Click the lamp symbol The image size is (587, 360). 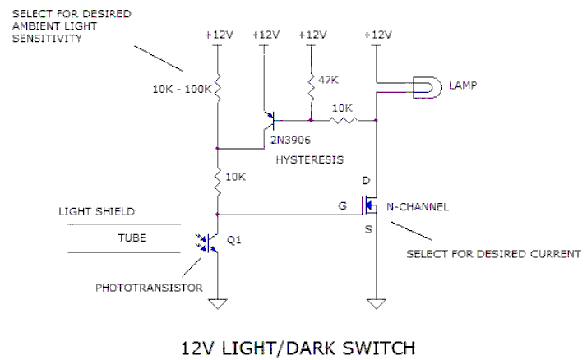428,87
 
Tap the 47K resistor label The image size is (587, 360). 328,80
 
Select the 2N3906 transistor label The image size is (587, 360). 290,140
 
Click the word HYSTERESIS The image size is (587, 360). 310,159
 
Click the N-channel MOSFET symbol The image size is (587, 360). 370,205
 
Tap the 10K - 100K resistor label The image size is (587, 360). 182,90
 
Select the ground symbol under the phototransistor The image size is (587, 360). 218,303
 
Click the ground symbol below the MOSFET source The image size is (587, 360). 377,303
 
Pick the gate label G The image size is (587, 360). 343,205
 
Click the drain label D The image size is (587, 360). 366,181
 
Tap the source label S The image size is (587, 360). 368,229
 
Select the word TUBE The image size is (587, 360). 132,238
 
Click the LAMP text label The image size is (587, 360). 463,85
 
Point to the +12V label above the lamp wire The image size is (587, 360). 377,35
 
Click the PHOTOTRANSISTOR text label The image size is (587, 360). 149,288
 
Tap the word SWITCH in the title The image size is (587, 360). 379,348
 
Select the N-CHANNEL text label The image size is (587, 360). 418,207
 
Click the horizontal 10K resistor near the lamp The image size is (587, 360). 344,120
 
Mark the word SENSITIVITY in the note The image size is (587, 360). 47,38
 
